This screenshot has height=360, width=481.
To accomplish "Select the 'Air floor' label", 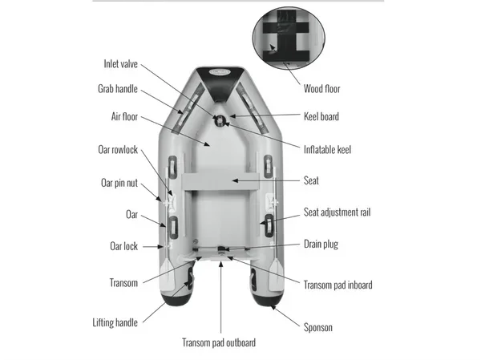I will [124, 116].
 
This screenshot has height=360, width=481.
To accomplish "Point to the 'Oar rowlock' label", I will [117, 149].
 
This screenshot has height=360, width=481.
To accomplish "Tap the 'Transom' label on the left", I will [123, 282].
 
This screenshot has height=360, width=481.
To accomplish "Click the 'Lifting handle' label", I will [115, 322].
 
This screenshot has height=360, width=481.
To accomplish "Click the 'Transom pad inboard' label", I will [338, 285].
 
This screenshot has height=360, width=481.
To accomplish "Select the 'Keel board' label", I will [321, 116].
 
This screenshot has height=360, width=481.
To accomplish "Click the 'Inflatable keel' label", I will [327, 149].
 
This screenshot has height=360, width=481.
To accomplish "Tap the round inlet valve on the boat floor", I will [220, 120].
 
